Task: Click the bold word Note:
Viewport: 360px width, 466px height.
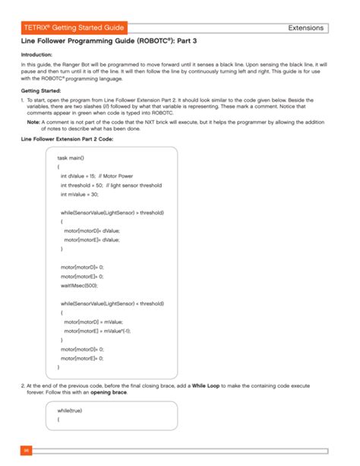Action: [33, 122]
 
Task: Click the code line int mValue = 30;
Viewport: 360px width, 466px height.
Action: [80, 194]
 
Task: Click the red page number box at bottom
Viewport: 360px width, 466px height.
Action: [26, 451]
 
